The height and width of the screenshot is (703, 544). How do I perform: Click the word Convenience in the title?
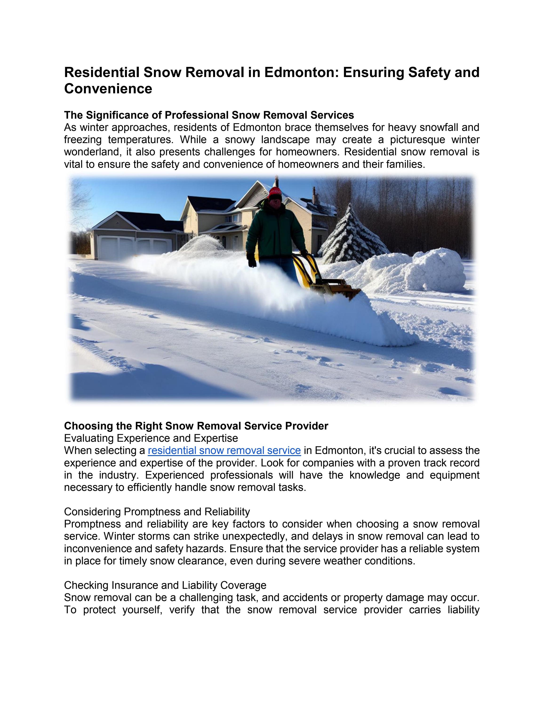point(108,89)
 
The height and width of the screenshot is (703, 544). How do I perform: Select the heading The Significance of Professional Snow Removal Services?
point(209,115)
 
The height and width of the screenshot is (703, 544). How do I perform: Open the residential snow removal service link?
point(224,450)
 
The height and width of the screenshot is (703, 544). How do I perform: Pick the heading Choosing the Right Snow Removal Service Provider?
point(196,426)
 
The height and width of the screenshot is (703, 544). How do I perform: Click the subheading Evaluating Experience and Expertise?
point(151,438)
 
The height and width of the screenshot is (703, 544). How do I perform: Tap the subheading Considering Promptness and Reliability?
point(157,512)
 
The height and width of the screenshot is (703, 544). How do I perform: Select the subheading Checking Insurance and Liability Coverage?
point(165,585)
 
